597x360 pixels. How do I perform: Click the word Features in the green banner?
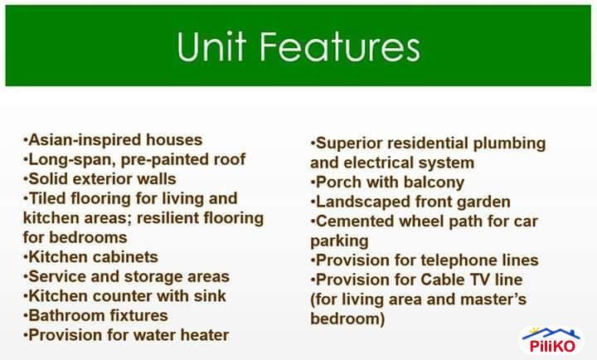[337, 47]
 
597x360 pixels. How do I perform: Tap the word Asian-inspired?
[76, 139]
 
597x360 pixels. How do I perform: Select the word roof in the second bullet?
[228, 159]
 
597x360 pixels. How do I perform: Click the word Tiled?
[49, 199]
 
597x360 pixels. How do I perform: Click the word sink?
[208, 296]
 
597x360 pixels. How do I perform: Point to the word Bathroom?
[65, 316]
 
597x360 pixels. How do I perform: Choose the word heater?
[202, 336]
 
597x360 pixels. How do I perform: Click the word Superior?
[347, 143]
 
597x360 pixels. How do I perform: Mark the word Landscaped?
[359, 202]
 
